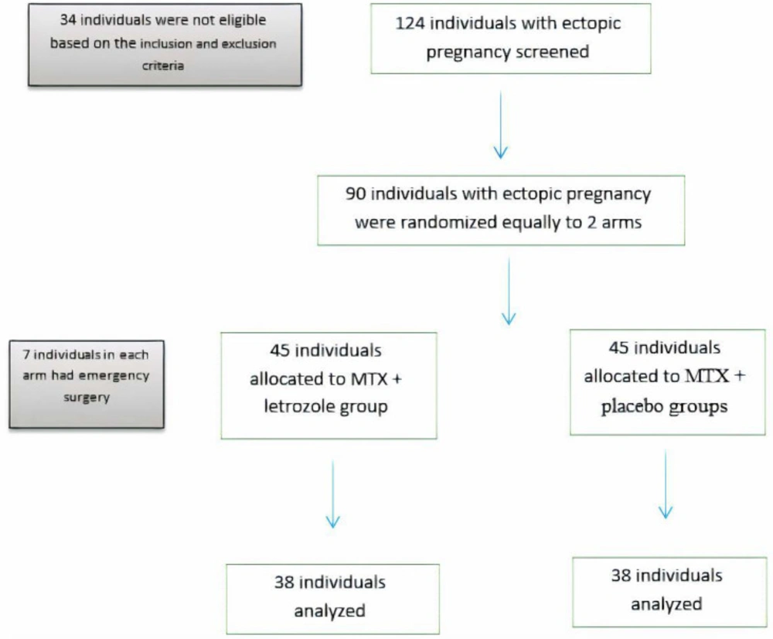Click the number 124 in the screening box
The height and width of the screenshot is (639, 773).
pyautogui.click(x=410, y=23)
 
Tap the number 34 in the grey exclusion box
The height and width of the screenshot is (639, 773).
pyautogui.click(x=67, y=20)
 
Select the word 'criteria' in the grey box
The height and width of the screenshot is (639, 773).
pyautogui.click(x=163, y=66)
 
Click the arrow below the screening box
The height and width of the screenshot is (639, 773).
pyautogui.click(x=501, y=125)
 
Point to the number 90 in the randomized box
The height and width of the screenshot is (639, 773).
pyautogui.click(x=356, y=193)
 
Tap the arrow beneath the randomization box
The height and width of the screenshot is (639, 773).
pyautogui.click(x=509, y=291)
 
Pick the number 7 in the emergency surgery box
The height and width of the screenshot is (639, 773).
pyautogui.click(x=26, y=354)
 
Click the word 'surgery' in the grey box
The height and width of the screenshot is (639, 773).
pyautogui.click(x=87, y=398)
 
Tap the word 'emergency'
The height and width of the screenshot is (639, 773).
pyautogui.click(x=114, y=376)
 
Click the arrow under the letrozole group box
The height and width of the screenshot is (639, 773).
pyautogui.click(x=332, y=494)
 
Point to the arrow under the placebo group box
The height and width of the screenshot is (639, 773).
pyautogui.click(x=666, y=484)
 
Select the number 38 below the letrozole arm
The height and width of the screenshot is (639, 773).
pyautogui.click(x=284, y=583)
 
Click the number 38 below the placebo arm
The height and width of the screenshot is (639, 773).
pyautogui.click(x=621, y=576)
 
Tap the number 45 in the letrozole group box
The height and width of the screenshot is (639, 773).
pyautogui.click(x=280, y=350)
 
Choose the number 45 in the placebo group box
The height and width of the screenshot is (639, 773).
pyautogui.click(x=618, y=347)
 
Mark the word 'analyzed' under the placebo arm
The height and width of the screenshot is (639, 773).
pyautogui.click(x=666, y=604)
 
